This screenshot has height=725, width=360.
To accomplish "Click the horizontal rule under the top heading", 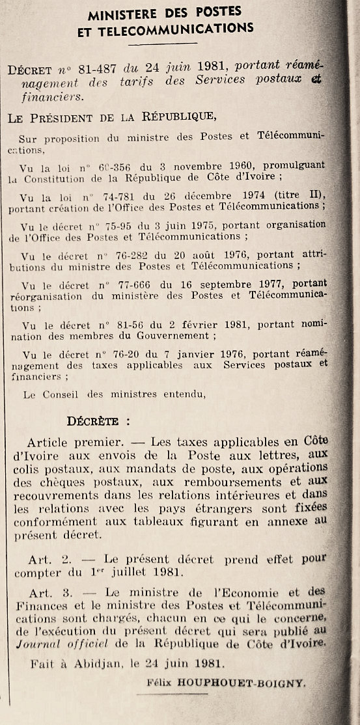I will pyautogui.click(x=163, y=44).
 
